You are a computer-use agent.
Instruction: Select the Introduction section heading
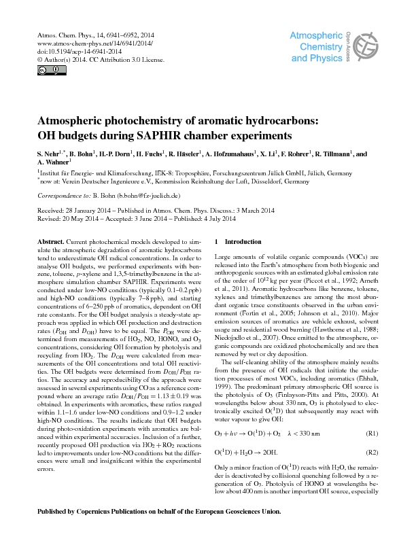click(242, 243)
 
